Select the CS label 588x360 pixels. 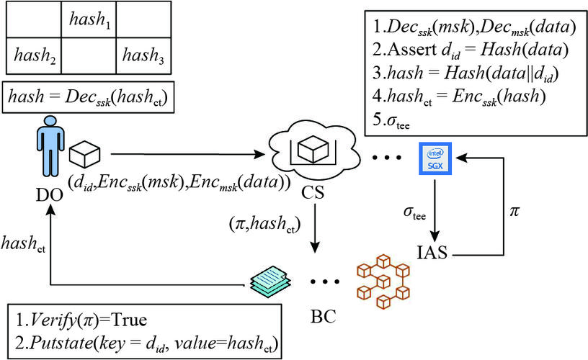pyautogui.click(x=316, y=194)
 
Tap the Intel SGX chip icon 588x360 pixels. pyautogui.click(x=435, y=157)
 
